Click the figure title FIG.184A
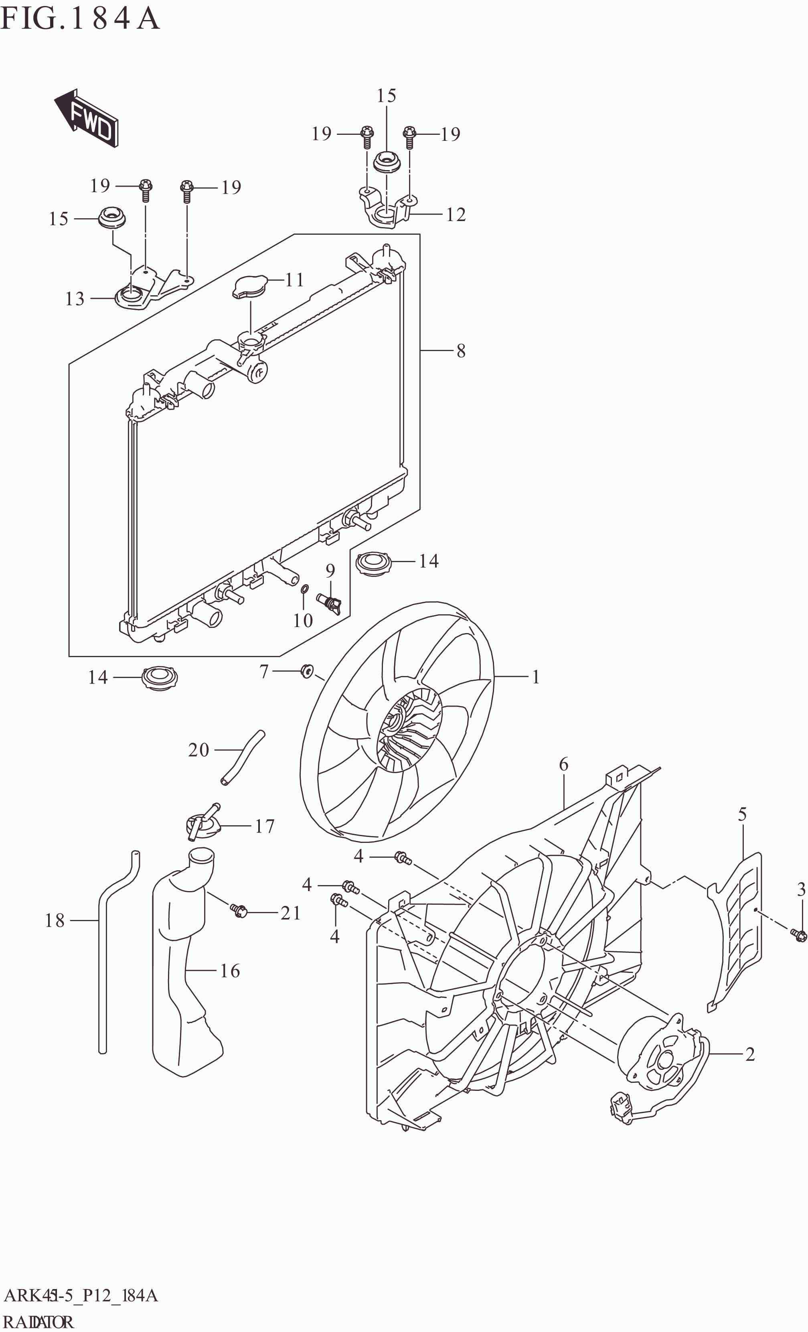click(80, 18)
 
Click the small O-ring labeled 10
click(304, 588)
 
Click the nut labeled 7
click(306, 671)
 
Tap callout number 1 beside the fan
click(535, 677)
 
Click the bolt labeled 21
click(238, 910)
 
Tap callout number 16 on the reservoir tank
click(230, 971)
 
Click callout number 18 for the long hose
click(55, 920)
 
